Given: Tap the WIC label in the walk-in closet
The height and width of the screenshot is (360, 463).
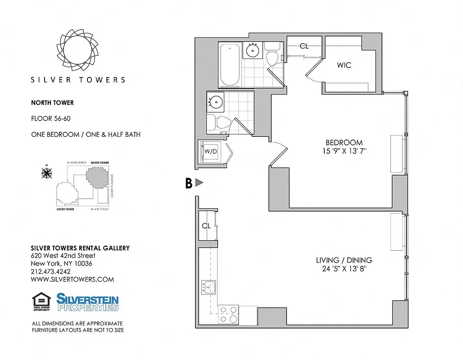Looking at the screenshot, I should (344, 65).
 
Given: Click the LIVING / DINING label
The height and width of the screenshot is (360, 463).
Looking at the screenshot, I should (344, 260).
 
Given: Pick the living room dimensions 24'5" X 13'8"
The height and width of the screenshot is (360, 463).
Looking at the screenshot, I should (344, 269).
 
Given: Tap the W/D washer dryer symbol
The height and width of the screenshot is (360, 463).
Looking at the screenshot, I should (211, 152).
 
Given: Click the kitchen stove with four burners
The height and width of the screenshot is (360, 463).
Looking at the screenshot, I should (228, 315).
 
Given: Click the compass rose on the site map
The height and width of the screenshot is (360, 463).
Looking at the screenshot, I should (46, 172).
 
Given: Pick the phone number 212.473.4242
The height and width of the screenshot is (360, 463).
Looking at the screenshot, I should (50, 271).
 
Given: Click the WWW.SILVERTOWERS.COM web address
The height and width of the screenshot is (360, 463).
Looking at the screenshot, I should (72, 279).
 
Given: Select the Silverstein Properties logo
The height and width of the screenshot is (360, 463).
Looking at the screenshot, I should (87, 302).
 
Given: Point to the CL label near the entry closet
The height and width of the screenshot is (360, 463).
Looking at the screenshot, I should (206, 226).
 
